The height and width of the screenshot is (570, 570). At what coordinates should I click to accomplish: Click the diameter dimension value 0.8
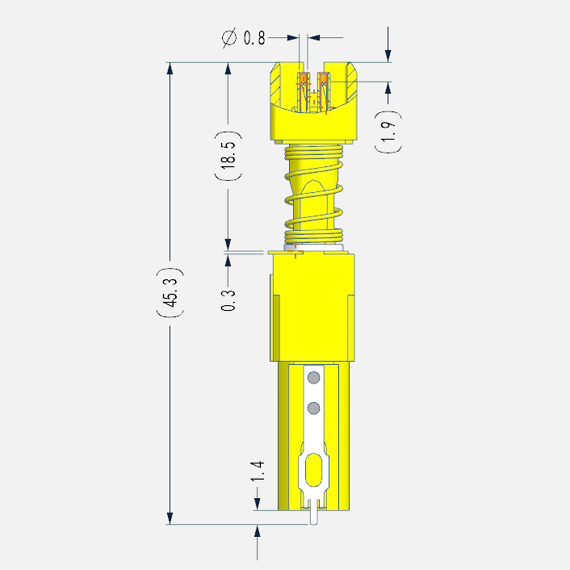tap(255, 38)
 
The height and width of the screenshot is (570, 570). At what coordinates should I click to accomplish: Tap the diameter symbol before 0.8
tap(229, 38)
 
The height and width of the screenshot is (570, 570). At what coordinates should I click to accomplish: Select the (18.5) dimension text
tap(228, 156)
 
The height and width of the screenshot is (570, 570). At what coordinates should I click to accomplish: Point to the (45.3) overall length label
tap(170, 293)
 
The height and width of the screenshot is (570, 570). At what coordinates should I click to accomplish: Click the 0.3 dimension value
tap(228, 300)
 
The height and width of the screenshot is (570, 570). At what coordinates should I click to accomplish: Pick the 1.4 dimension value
tap(258, 472)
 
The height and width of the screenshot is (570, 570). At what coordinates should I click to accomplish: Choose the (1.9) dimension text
tap(388, 131)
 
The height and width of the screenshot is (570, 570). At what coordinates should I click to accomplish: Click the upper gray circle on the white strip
tap(313, 378)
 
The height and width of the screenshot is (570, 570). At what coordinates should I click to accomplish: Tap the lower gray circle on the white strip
tap(313, 408)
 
